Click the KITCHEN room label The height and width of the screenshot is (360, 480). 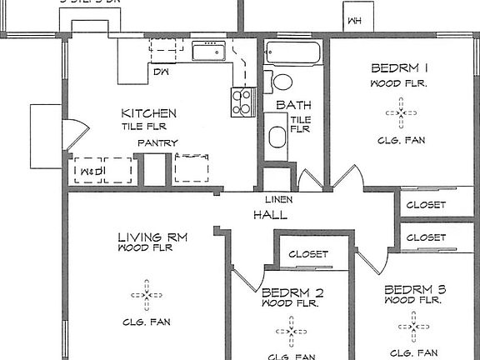(149, 113)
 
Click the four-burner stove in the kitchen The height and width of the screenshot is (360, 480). (242, 102)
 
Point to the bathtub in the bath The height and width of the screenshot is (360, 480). (292, 54)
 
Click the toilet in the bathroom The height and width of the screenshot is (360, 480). (281, 82)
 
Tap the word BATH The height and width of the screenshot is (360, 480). (293, 105)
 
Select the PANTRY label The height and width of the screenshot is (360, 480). (158, 142)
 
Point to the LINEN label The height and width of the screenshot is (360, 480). (277, 200)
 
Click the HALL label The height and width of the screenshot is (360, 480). (270, 215)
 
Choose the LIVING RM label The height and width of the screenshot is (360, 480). (152, 237)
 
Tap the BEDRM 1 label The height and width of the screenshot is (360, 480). (400, 68)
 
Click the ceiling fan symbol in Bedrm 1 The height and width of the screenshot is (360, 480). (401, 112)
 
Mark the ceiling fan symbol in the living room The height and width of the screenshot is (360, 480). (147, 294)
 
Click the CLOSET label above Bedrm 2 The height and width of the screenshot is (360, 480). (308, 254)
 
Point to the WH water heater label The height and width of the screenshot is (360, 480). (355, 21)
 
